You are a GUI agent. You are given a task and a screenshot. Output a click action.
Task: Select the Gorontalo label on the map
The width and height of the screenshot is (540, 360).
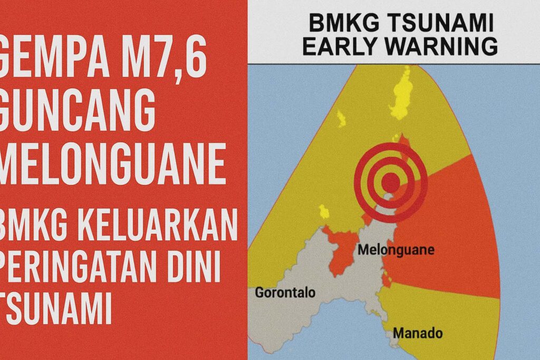pos(285,293)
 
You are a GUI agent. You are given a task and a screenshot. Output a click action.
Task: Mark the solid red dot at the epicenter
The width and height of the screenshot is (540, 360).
pos(390,182)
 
